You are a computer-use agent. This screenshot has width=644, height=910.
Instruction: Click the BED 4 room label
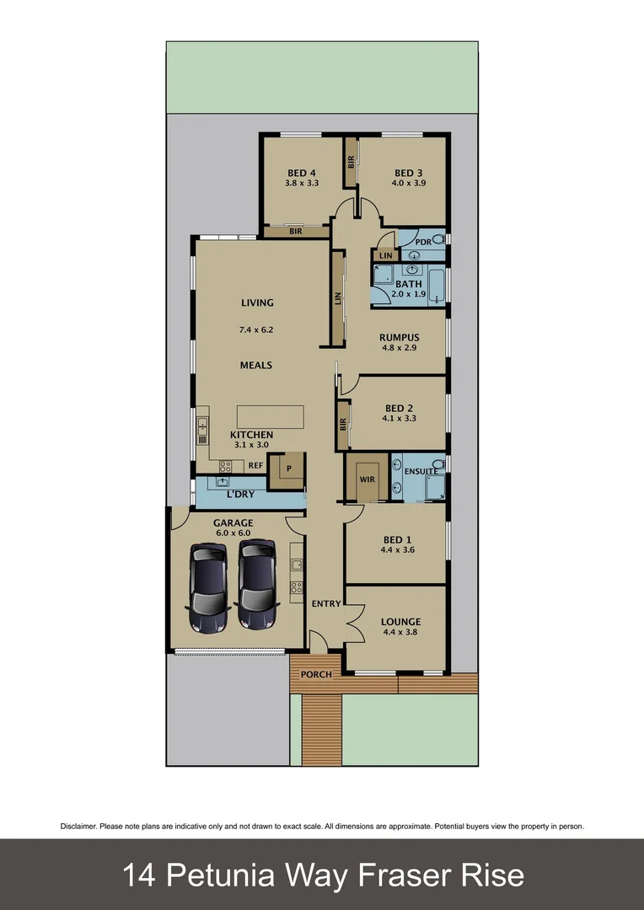click(x=295, y=174)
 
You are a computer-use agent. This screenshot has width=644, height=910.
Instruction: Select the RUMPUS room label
click(x=399, y=338)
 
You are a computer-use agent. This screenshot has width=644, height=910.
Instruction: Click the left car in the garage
click(x=208, y=587)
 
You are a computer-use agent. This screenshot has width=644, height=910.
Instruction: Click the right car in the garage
click(x=258, y=585)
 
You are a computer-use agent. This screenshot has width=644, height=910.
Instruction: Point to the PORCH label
click(x=316, y=674)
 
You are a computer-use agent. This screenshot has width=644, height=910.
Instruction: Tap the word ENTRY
click(x=325, y=603)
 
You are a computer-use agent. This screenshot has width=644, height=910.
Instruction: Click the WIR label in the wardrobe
click(x=368, y=479)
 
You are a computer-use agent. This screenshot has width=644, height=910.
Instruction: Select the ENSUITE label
click(x=421, y=471)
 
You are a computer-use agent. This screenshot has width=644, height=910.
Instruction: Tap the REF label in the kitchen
click(x=255, y=465)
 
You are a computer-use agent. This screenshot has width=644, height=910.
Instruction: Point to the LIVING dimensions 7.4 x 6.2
click(x=256, y=330)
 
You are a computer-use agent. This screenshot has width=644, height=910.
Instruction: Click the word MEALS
click(x=256, y=366)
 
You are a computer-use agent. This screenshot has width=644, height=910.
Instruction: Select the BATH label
click(x=409, y=284)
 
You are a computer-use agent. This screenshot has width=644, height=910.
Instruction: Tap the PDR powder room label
click(x=423, y=242)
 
